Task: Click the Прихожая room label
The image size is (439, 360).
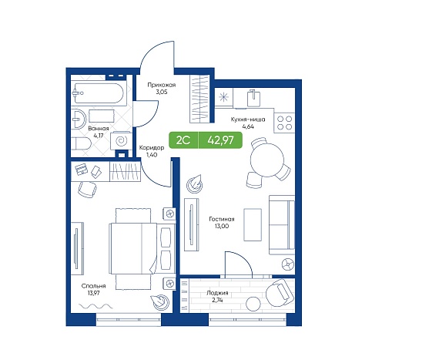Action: click(162, 85)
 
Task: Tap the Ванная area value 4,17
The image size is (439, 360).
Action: click(99, 136)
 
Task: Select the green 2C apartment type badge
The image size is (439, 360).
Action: click(183, 140)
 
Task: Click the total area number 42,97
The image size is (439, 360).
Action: click(220, 140)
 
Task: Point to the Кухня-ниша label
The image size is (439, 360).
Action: click(248, 119)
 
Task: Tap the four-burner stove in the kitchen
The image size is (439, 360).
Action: click(284, 123)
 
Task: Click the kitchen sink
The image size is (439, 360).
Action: click(254, 98)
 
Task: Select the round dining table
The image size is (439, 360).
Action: click(267, 160)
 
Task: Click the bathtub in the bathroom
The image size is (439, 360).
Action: click(98, 93)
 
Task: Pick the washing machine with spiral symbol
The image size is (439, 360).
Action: click(121, 140)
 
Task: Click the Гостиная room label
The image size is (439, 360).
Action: click(222, 219)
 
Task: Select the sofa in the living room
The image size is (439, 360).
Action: click(282, 225)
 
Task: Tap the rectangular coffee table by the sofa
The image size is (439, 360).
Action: click(253, 224)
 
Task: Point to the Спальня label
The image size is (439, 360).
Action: click(93, 286)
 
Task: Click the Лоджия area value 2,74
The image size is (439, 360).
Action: click(217, 300)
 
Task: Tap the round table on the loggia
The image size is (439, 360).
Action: click(253, 304)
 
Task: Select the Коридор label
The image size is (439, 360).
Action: click(152, 148)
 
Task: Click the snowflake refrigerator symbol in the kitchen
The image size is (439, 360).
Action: click(223, 97)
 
